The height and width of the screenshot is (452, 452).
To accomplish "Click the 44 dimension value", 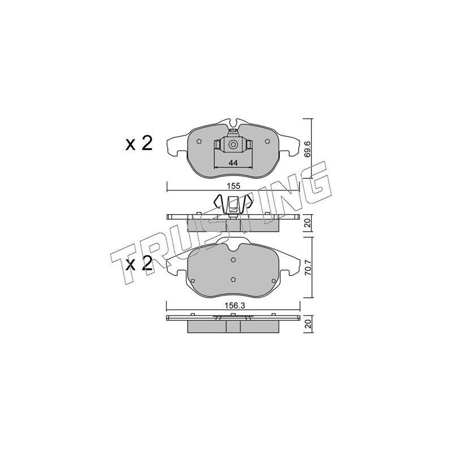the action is click(233, 163).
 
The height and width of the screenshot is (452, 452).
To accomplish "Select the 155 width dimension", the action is click(233, 186).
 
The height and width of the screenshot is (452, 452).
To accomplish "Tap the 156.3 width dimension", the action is click(233, 306).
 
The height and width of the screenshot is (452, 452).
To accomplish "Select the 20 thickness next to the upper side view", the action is click(308, 223).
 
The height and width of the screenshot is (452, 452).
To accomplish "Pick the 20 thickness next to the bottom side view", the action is click(308, 324).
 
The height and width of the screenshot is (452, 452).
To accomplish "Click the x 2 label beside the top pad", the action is click(139, 144).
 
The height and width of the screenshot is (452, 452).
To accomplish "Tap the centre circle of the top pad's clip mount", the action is click(233, 144).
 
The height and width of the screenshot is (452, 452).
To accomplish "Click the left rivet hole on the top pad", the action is click(198, 141).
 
